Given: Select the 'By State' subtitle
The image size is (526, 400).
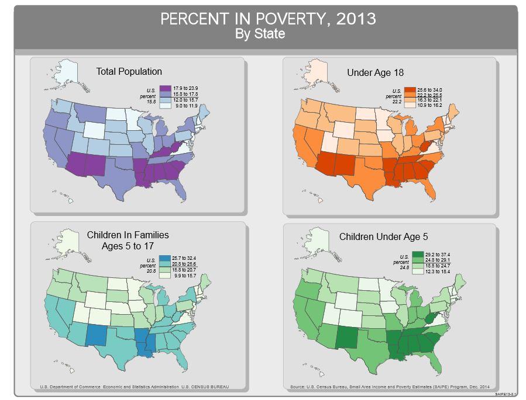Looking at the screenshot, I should [x=260, y=34].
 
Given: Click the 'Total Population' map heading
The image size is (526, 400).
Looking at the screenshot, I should [x=129, y=71].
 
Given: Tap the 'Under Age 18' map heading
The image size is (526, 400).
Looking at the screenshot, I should [x=375, y=72].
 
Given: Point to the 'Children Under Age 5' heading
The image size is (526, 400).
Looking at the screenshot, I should [x=383, y=236].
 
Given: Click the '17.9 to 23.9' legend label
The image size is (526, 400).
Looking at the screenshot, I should [x=187, y=87].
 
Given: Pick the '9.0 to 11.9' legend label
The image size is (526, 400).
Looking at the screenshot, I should [x=187, y=105].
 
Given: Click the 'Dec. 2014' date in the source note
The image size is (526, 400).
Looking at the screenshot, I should [x=479, y=387].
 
